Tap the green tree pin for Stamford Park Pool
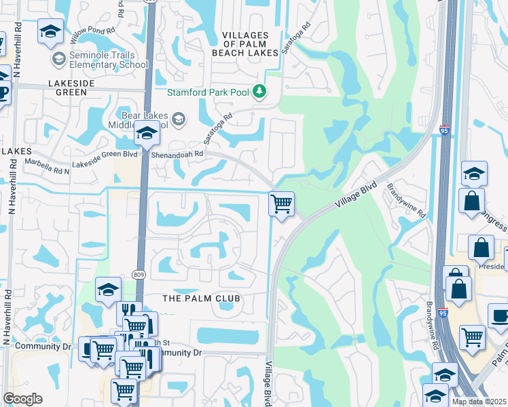point(259,91)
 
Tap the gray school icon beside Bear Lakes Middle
point(178,119)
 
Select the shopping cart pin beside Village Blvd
point(281,203)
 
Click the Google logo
point(22,399)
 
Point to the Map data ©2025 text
point(479,402)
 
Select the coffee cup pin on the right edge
point(500,315)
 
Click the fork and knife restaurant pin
point(129,313)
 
